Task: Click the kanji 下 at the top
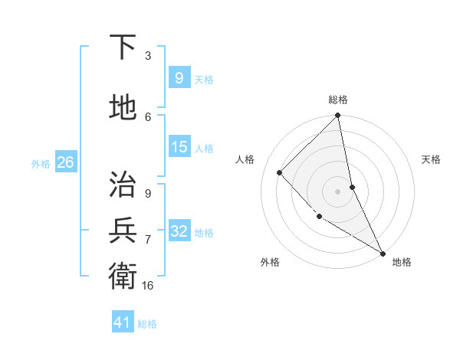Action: click(x=123, y=48)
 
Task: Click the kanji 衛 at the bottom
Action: click(x=123, y=275)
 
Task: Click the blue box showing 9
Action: click(x=179, y=78)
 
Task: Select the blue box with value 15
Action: click(x=179, y=147)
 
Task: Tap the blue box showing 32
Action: click(x=179, y=231)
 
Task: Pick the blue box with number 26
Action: click(x=65, y=162)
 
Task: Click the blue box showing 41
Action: click(x=123, y=322)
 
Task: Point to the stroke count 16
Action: click(x=148, y=285)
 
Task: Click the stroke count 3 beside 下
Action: click(x=148, y=56)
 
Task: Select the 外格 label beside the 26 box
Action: click(x=41, y=163)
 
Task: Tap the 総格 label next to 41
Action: click(x=147, y=323)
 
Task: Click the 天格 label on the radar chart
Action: click(x=431, y=159)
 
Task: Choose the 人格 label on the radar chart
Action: click(x=245, y=159)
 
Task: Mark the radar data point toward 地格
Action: click(x=381, y=252)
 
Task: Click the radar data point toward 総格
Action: click(x=337, y=116)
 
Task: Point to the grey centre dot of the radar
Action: click(x=337, y=191)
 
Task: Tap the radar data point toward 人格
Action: click(x=280, y=172)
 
